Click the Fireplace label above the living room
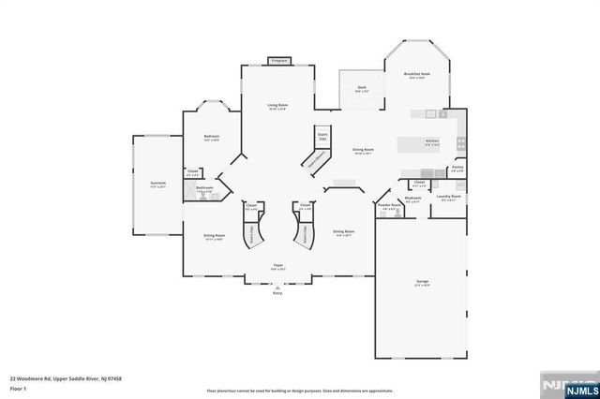click(277, 61)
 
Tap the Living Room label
click(277, 105)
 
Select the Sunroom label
click(158, 182)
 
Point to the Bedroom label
click(211, 137)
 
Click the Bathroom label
click(205, 188)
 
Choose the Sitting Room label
click(215, 236)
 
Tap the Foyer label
click(277, 265)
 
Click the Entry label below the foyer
click(277, 293)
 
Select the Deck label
click(361, 87)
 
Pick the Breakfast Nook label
click(416, 74)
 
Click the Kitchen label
click(432, 141)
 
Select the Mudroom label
click(412, 198)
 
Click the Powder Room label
click(384, 206)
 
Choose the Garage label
click(423, 281)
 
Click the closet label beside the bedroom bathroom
click(192, 170)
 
